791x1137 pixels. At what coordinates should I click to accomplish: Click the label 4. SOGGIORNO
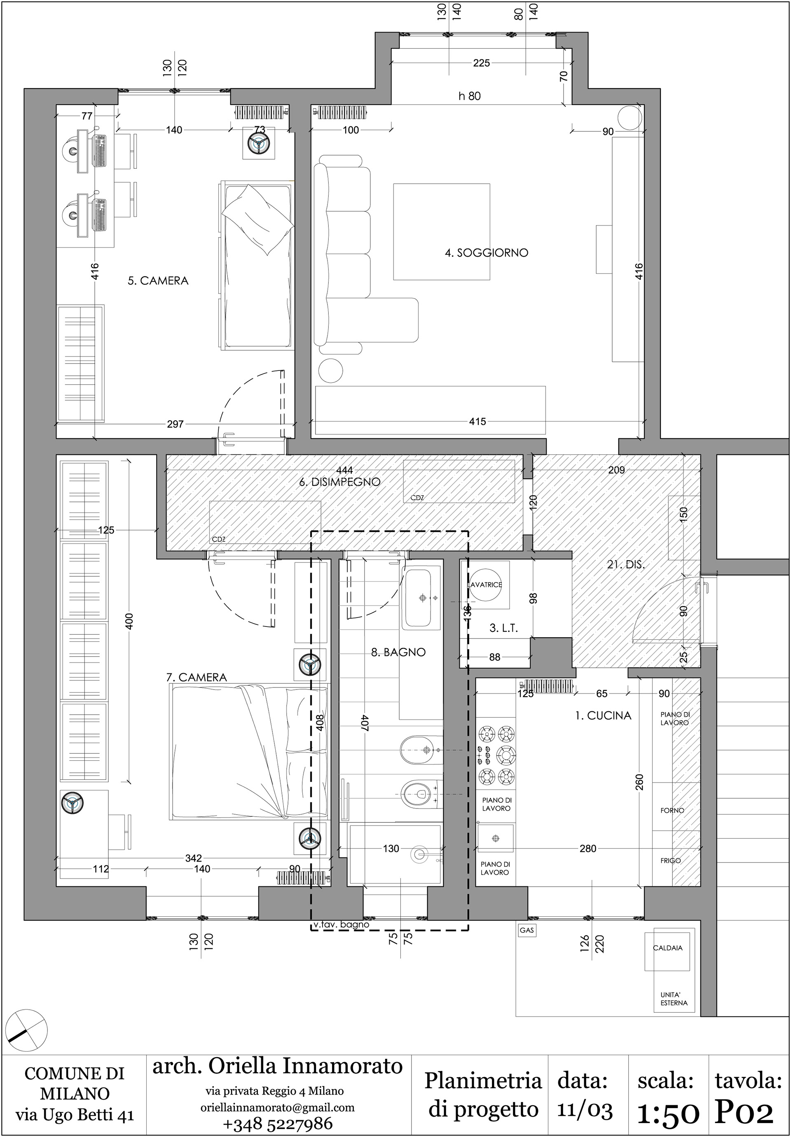486,253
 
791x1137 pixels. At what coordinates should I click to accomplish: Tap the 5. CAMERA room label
158,281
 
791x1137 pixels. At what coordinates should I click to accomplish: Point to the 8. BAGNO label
398,652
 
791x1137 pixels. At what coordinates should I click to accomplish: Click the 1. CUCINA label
603,715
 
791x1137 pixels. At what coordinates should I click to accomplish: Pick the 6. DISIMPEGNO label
339,481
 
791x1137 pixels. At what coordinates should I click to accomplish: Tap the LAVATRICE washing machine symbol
486,585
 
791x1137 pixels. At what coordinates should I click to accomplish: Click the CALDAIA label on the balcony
667,948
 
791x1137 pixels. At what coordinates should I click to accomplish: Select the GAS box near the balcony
527,930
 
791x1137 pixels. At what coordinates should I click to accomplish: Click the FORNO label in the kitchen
672,810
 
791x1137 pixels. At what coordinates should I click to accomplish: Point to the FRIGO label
671,860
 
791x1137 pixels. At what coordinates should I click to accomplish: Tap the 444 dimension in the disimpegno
344,470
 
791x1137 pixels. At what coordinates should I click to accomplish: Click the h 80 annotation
469,96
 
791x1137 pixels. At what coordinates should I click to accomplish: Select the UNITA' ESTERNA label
674,999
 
